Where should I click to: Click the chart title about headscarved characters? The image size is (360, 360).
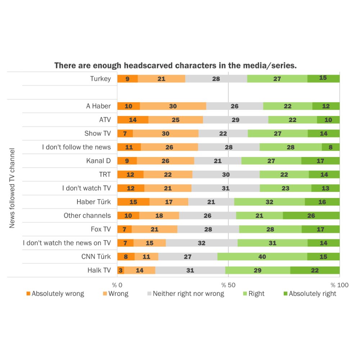[175, 66]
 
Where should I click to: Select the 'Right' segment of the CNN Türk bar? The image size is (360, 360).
[262, 257]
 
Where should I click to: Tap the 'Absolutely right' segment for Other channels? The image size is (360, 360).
[311, 216]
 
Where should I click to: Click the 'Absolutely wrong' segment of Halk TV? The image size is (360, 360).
[121, 270]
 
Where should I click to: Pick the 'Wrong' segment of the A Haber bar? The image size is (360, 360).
[173, 106]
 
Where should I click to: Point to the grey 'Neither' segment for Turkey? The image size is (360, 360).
[216, 78]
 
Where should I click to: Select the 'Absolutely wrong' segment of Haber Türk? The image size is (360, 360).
[133, 202]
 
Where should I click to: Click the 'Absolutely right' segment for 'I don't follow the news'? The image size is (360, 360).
[330, 147]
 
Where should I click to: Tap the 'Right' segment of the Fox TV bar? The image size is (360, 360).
[270, 229]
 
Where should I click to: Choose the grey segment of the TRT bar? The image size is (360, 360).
[226, 175]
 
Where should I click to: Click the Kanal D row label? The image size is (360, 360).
[98, 161]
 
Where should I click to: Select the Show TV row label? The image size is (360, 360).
[98, 134]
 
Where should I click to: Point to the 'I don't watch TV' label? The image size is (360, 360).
[86, 188]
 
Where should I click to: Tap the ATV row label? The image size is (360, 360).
[105, 120]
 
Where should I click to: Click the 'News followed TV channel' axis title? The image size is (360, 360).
[12, 188]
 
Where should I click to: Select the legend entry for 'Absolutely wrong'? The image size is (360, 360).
[55, 294]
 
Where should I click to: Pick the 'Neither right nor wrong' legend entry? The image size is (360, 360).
[185, 294]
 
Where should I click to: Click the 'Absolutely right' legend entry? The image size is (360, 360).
[310, 294]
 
